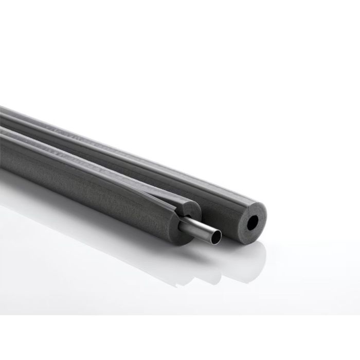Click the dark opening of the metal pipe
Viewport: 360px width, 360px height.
coord(216,237)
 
